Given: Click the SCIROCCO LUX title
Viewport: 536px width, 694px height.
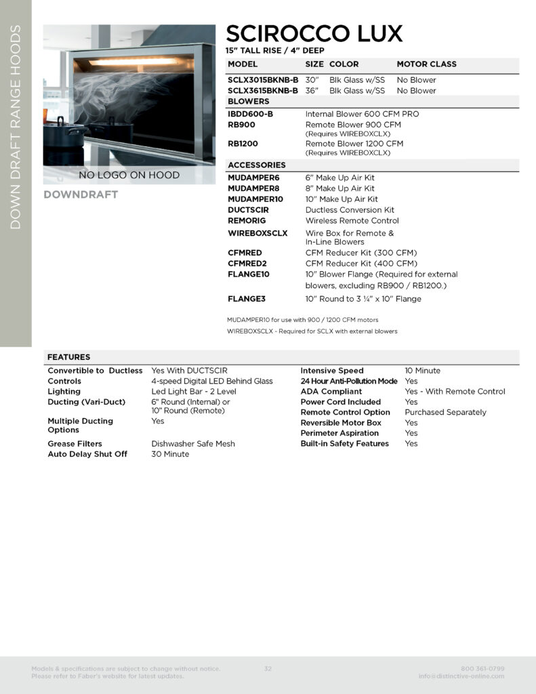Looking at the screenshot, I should (314, 33).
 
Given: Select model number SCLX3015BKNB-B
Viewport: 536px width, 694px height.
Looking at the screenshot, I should (263, 80).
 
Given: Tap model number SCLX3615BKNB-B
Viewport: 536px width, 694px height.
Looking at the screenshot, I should (263, 90).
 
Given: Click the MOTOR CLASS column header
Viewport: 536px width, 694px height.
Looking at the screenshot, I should (426, 64).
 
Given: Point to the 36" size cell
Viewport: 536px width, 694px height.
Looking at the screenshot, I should (312, 90).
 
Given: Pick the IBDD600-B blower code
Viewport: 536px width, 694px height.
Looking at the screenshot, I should (251, 114).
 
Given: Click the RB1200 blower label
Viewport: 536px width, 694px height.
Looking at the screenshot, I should (243, 144).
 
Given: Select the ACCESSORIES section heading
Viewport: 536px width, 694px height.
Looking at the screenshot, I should (257, 165).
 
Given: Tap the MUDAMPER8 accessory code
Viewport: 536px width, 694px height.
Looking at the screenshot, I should (253, 188).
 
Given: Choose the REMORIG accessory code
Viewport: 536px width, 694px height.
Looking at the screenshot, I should (247, 221).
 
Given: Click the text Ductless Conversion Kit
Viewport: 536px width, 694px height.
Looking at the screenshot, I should (350, 210).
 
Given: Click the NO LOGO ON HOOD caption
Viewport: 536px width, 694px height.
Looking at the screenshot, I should (129, 175).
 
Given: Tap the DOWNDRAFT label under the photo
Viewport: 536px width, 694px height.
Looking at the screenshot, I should (81, 195).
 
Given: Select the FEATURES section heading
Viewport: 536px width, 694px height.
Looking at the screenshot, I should (68, 357).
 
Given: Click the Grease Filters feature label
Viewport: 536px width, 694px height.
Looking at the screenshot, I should (75, 444).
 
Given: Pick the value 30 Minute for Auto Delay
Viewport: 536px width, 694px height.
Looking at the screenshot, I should (170, 454).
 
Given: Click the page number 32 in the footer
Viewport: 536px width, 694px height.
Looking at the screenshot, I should (268, 669).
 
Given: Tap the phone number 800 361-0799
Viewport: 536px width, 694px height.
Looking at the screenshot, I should (482, 669).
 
